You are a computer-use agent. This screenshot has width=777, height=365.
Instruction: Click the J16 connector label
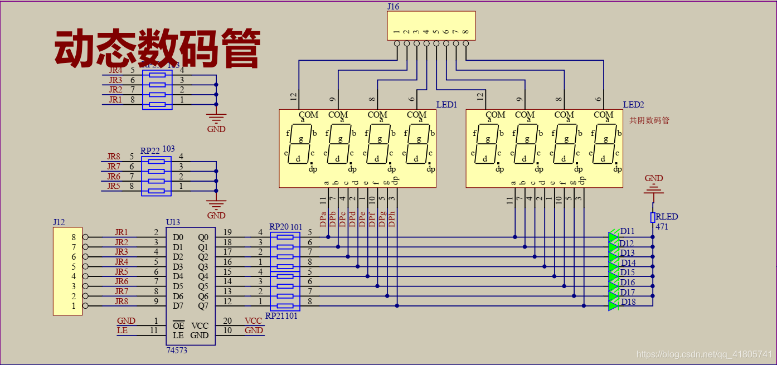coord(393,7)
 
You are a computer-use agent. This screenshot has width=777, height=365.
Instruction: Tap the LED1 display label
coord(446,105)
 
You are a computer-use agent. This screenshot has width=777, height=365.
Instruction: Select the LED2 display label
coord(633,105)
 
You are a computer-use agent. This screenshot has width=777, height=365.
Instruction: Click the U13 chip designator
coord(173,222)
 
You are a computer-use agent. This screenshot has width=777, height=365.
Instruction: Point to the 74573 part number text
coord(177,351)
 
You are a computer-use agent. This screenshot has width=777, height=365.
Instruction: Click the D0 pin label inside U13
coord(178,237)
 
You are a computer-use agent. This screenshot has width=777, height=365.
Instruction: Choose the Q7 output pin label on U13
coord(203,306)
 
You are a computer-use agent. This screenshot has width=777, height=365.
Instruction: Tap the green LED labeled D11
coord(614,237)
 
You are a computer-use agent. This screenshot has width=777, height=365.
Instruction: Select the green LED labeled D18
coord(614,305)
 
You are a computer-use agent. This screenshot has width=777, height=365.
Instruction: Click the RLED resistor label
coord(667,217)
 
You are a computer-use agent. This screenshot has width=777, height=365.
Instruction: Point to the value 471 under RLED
coord(662,227)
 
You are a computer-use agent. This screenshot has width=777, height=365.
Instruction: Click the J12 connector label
coord(59,222)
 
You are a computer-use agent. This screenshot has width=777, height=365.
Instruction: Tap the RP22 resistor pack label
coord(150,151)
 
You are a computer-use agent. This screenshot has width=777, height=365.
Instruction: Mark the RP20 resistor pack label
coord(279,227)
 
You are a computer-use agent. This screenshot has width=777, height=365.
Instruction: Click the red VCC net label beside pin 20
coord(253,321)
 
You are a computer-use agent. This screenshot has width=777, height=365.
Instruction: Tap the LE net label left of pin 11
coord(122,330)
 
